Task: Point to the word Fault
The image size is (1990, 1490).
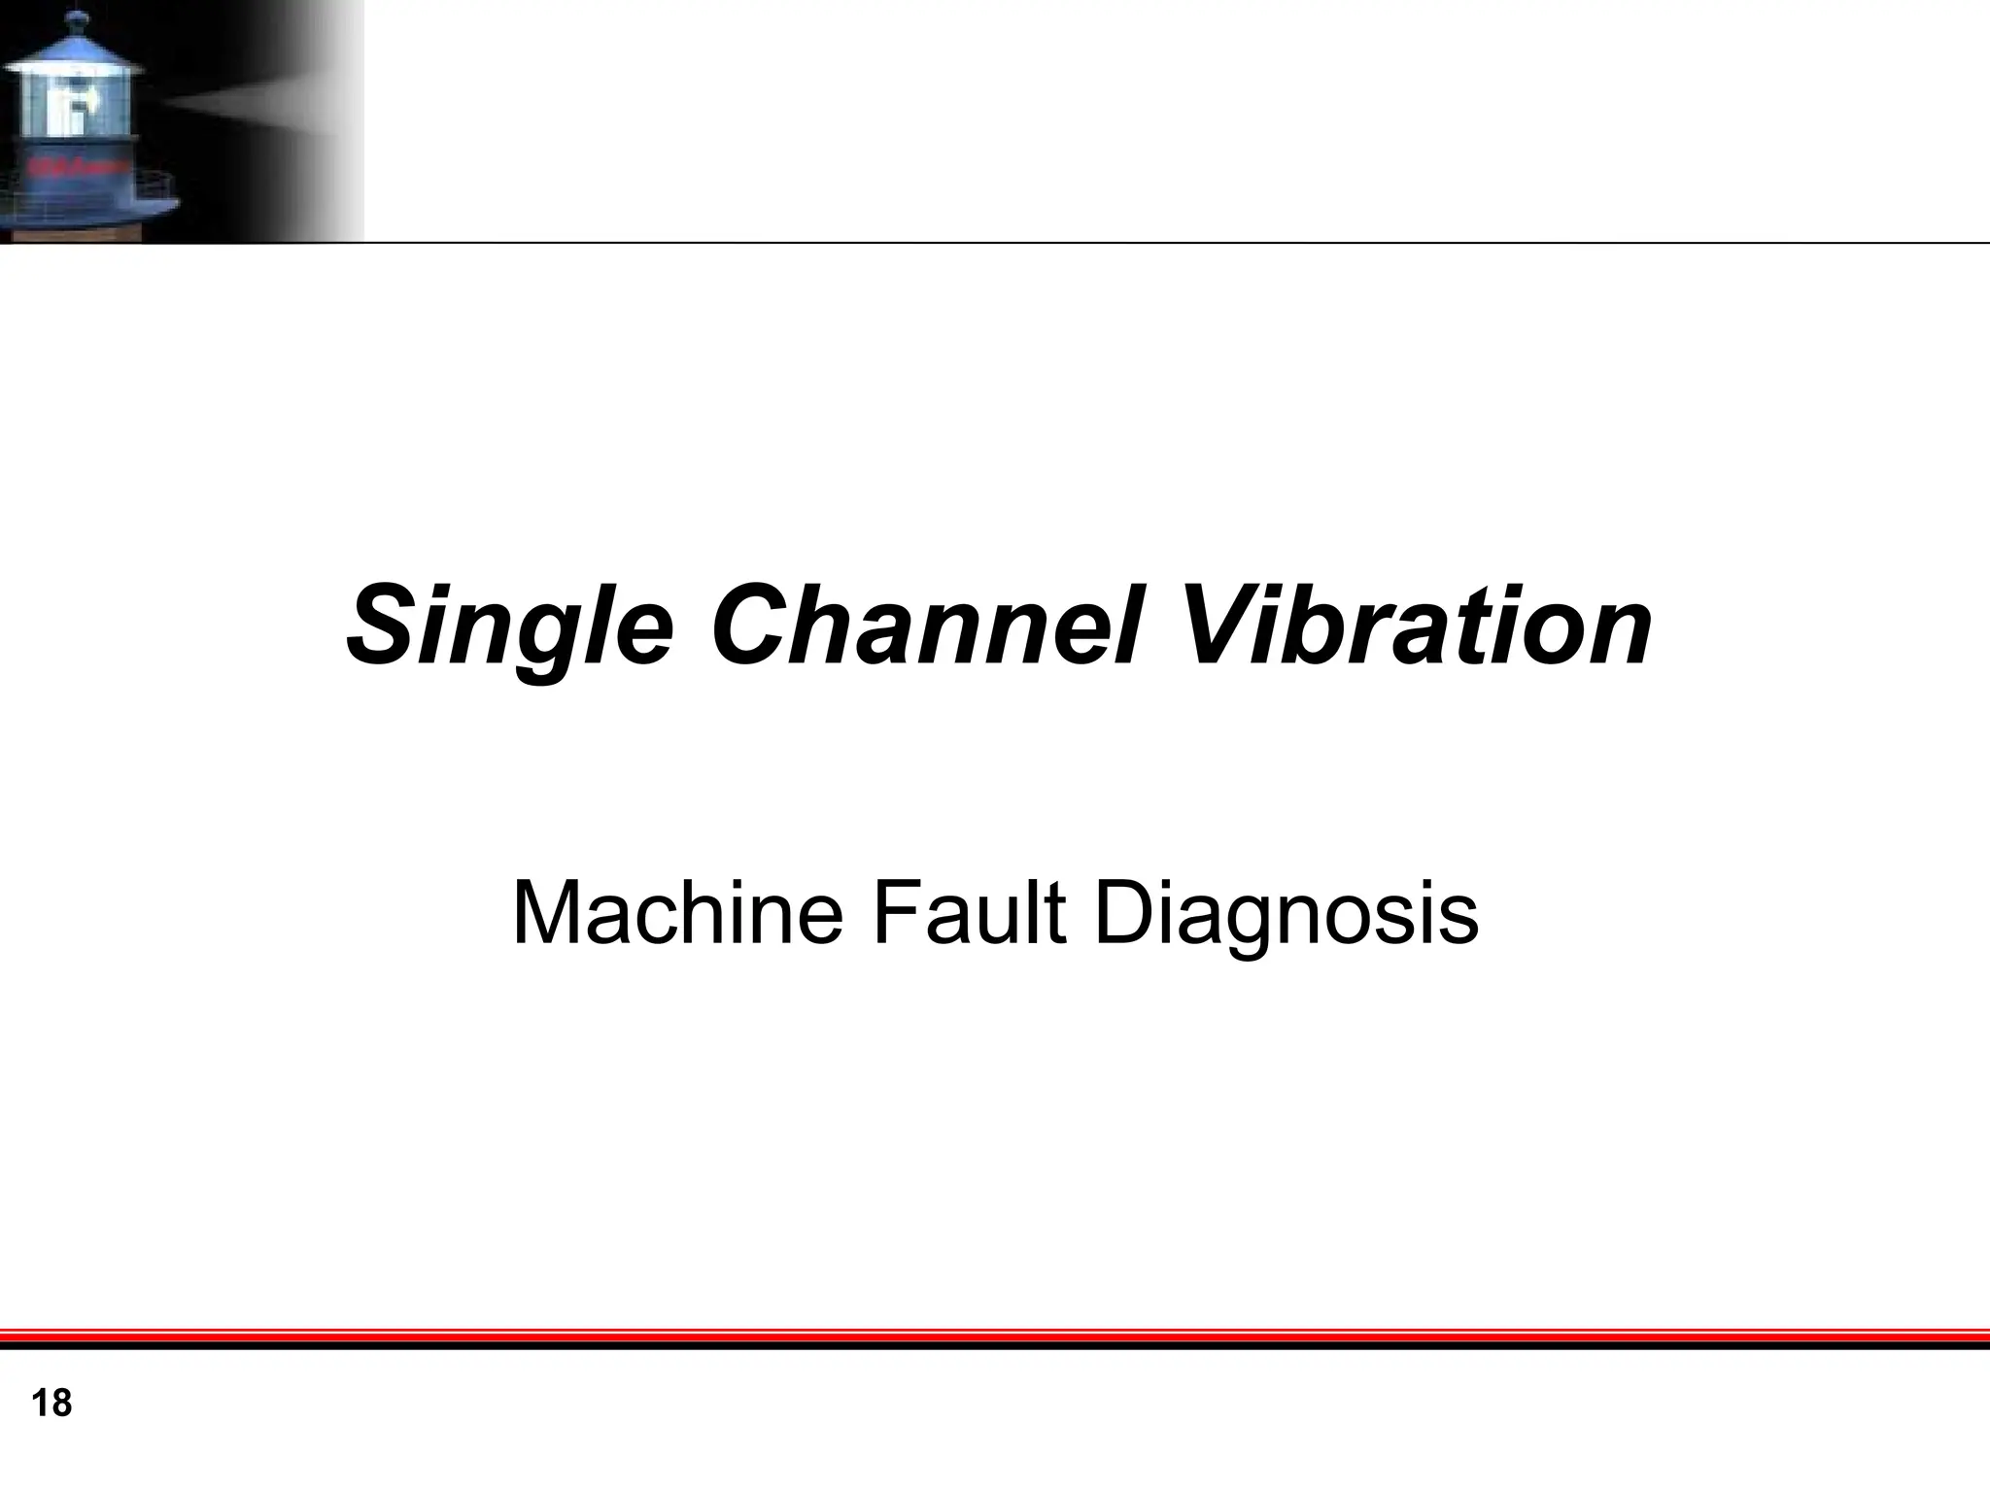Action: coord(968,912)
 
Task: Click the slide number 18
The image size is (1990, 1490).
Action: coord(51,1404)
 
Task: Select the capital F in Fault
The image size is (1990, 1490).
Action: coord(893,912)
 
